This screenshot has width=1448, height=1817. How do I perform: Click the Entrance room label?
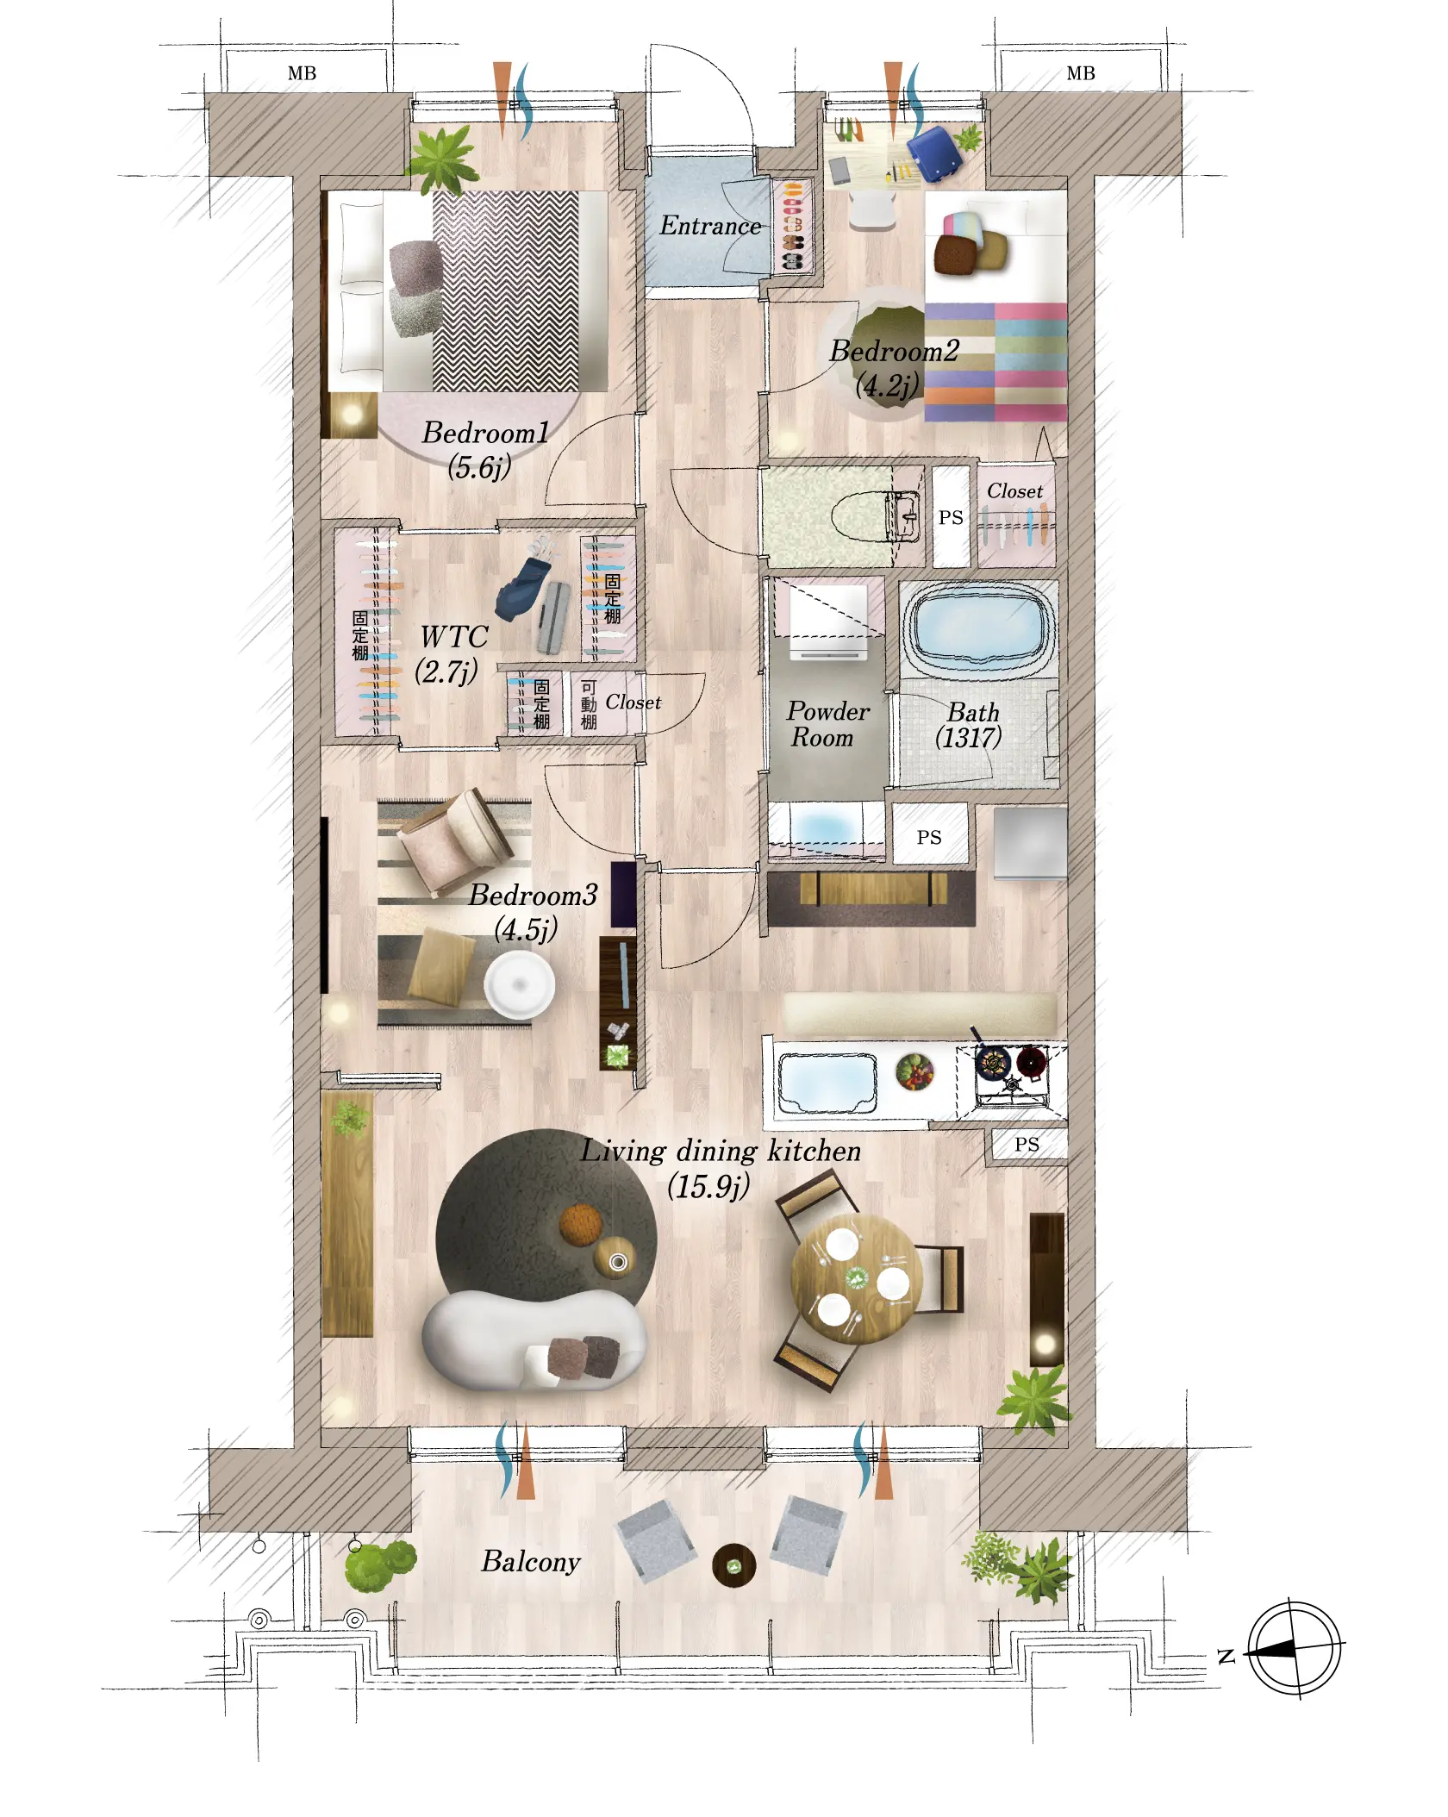point(710,226)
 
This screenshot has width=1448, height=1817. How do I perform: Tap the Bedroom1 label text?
point(485,433)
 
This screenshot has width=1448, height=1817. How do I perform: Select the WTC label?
point(453,637)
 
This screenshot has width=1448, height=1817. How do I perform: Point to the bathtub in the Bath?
point(979,628)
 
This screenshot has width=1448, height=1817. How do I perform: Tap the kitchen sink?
point(827,1083)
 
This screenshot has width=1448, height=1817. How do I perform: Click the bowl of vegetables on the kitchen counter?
point(914,1072)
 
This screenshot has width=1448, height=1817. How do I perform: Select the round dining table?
point(857,1279)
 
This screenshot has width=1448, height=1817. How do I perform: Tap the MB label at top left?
point(302,74)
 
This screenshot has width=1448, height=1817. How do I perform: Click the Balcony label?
point(531,1562)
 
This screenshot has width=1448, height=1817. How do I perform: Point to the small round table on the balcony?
point(734,1565)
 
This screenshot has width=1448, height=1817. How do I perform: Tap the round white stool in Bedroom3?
point(520,984)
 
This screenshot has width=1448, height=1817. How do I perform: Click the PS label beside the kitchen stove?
point(1027,1145)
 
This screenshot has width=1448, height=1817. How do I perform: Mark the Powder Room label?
point(827,724)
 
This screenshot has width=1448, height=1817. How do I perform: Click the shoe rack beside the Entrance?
point(793,227)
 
